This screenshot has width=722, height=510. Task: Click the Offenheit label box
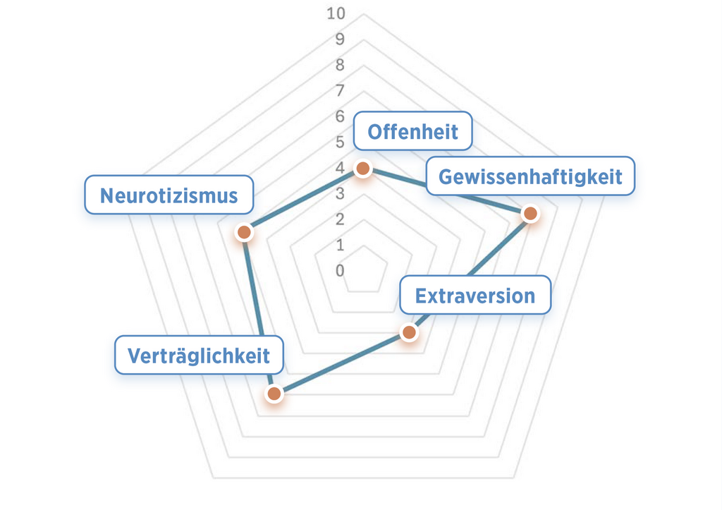coord(412,131)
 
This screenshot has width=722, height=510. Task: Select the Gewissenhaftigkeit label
coord(530,176)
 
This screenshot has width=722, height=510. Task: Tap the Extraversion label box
coord(475,295)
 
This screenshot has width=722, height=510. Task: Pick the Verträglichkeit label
coord(198,355)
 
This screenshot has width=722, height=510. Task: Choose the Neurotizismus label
coord(169,195)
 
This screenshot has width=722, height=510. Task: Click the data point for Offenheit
coord(362,169)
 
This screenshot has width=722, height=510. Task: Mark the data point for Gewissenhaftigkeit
coord(530,213)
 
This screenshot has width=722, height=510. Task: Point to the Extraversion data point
coord(408,332)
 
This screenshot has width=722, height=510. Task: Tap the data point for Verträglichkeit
coord(274,394)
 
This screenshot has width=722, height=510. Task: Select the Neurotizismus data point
coord(244,231)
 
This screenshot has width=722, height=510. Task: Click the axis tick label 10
coord(336,13)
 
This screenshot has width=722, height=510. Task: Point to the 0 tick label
coord(340,270)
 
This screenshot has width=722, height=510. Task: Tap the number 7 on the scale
coord(340,90)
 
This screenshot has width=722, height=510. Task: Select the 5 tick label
coord(340,142)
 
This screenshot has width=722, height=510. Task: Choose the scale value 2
coord(340,219)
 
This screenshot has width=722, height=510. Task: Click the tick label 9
coord(340,39)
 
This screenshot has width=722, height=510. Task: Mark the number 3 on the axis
coord(340,193)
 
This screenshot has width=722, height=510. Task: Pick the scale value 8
coord(340,65)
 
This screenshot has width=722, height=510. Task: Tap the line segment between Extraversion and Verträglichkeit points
coord(341,363)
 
